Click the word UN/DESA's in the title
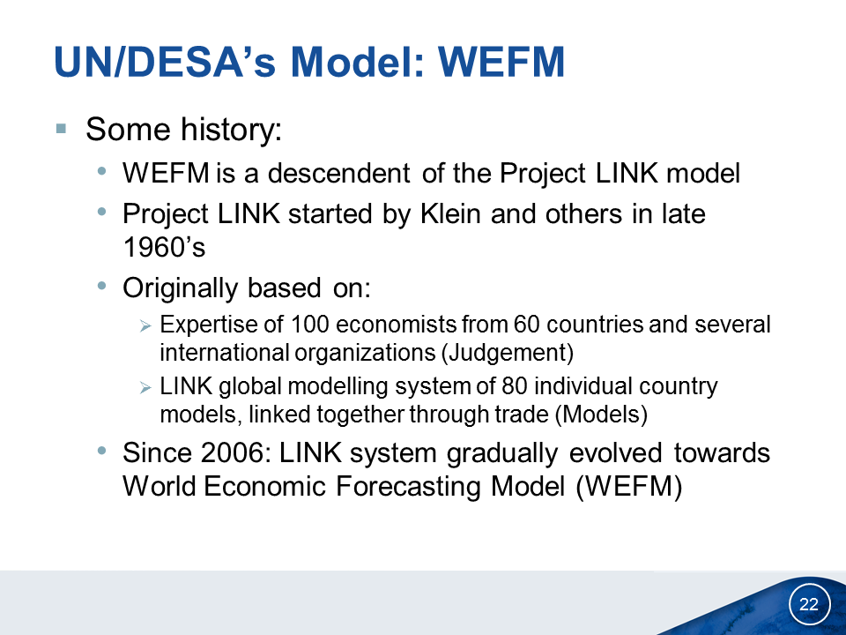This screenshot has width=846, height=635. (165, 62)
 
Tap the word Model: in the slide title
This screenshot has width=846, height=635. (358, 62)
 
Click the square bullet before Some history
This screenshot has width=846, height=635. (61, 129)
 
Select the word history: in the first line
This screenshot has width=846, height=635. (231, 130)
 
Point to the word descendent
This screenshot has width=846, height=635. (338, 174)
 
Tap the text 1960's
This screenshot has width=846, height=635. (164, 247)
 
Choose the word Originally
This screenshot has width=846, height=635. (180, 288)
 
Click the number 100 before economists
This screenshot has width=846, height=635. (309, 325)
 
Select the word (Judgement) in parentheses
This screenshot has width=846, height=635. (508, 353)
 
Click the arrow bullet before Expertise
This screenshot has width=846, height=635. (145, 325)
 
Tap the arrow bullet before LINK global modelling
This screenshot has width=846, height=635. (145, 387)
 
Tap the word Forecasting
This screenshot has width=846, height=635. (408, 486)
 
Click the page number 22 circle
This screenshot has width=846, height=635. (809, 603)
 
